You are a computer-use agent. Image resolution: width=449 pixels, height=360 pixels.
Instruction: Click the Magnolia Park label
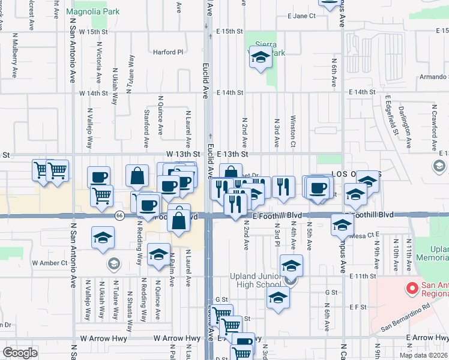coord(92,11)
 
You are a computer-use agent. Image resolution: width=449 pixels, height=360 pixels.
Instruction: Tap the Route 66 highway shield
coord(119,216)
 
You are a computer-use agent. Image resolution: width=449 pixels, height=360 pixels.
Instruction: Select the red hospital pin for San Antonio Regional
coord(412,289)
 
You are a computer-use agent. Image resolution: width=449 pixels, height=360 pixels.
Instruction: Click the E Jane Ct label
coord(301,16)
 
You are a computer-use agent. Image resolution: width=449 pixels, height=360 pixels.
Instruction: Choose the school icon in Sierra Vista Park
coord(261,58)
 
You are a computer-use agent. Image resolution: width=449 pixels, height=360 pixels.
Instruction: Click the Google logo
coord(20,352)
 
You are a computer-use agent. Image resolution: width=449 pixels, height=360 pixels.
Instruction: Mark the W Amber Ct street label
coord(48,263)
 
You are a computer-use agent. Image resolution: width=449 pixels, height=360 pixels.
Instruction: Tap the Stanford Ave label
coord(146,128)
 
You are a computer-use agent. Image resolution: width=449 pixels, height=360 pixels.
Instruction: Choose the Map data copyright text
coord(423,355)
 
